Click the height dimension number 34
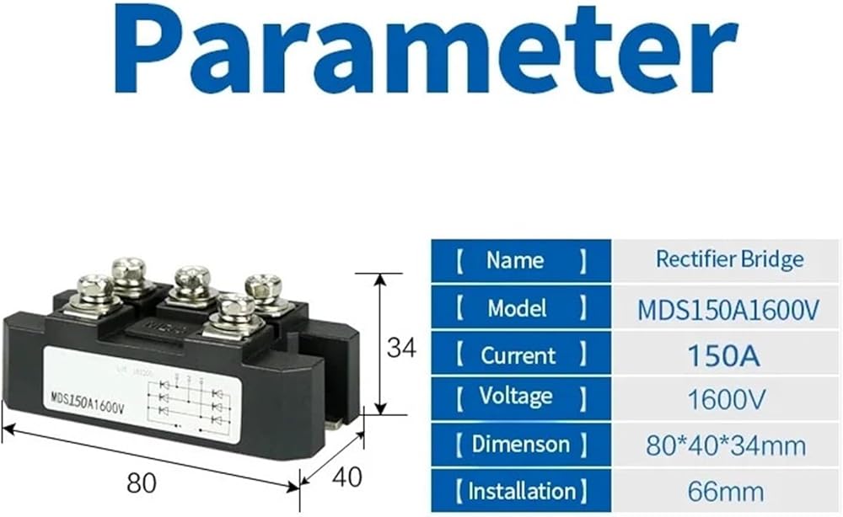pos(401,348)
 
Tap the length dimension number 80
pos(142,483)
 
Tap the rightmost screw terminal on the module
pos(263,290)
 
